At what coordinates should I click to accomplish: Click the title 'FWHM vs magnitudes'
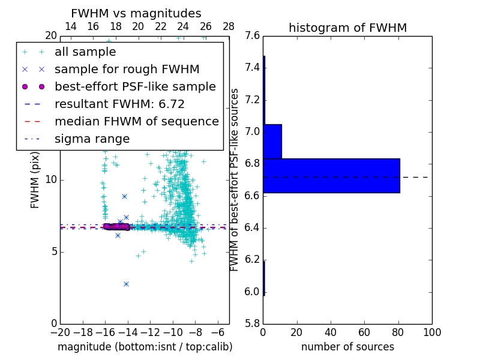[x=136, y=13]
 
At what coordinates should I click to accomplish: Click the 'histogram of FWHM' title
[x=347, y=28]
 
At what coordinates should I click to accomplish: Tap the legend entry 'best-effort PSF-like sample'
[x=135, y=87]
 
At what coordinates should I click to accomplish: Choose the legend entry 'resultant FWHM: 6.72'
[x=119, y=104]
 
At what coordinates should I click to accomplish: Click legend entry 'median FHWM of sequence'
[x=136, y=121]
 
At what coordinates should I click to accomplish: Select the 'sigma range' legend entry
[x=92, y=139]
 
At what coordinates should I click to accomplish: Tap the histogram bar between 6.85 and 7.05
[x=272, y=141]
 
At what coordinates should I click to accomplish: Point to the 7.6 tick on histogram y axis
[x=253, y=35]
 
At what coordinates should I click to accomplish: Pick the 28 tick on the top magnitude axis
[x=229, y=26]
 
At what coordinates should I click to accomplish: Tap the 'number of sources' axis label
[x=347, y=347]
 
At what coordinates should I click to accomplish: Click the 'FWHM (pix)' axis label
[x=35, y=180]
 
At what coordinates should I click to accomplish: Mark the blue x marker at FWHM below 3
[x=126, y=284]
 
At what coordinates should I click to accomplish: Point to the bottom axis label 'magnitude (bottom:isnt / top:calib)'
[x=145, y=347]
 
